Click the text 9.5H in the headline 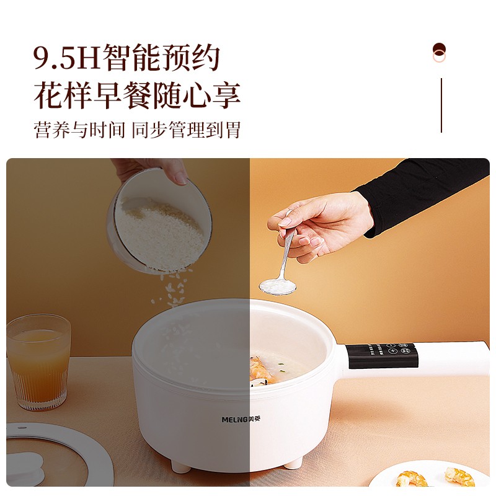(x=67, y=58)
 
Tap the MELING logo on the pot (x=241, y=420)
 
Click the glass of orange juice (x=38, y=362)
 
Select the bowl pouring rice (x=159, y=221)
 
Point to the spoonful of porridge (x=277, y=286)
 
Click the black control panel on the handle (x=383, y=355)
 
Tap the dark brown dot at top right (x=439, y=50)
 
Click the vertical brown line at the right (x=441, y=105)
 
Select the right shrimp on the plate (x=460, y=476)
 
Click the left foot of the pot (x=180, y=466)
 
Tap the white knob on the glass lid (x=25, y=467)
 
